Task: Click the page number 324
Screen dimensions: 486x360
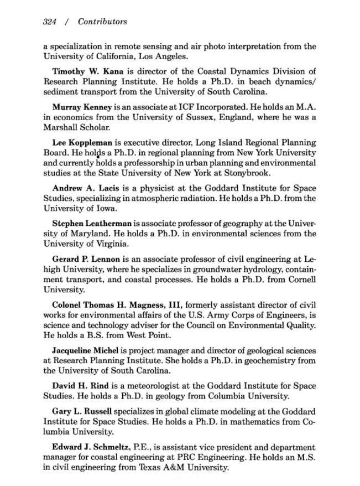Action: (x=50, y=22)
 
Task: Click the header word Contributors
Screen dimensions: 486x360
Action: (x=102, y=22)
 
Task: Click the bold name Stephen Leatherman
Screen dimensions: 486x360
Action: (x=92, y=224)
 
